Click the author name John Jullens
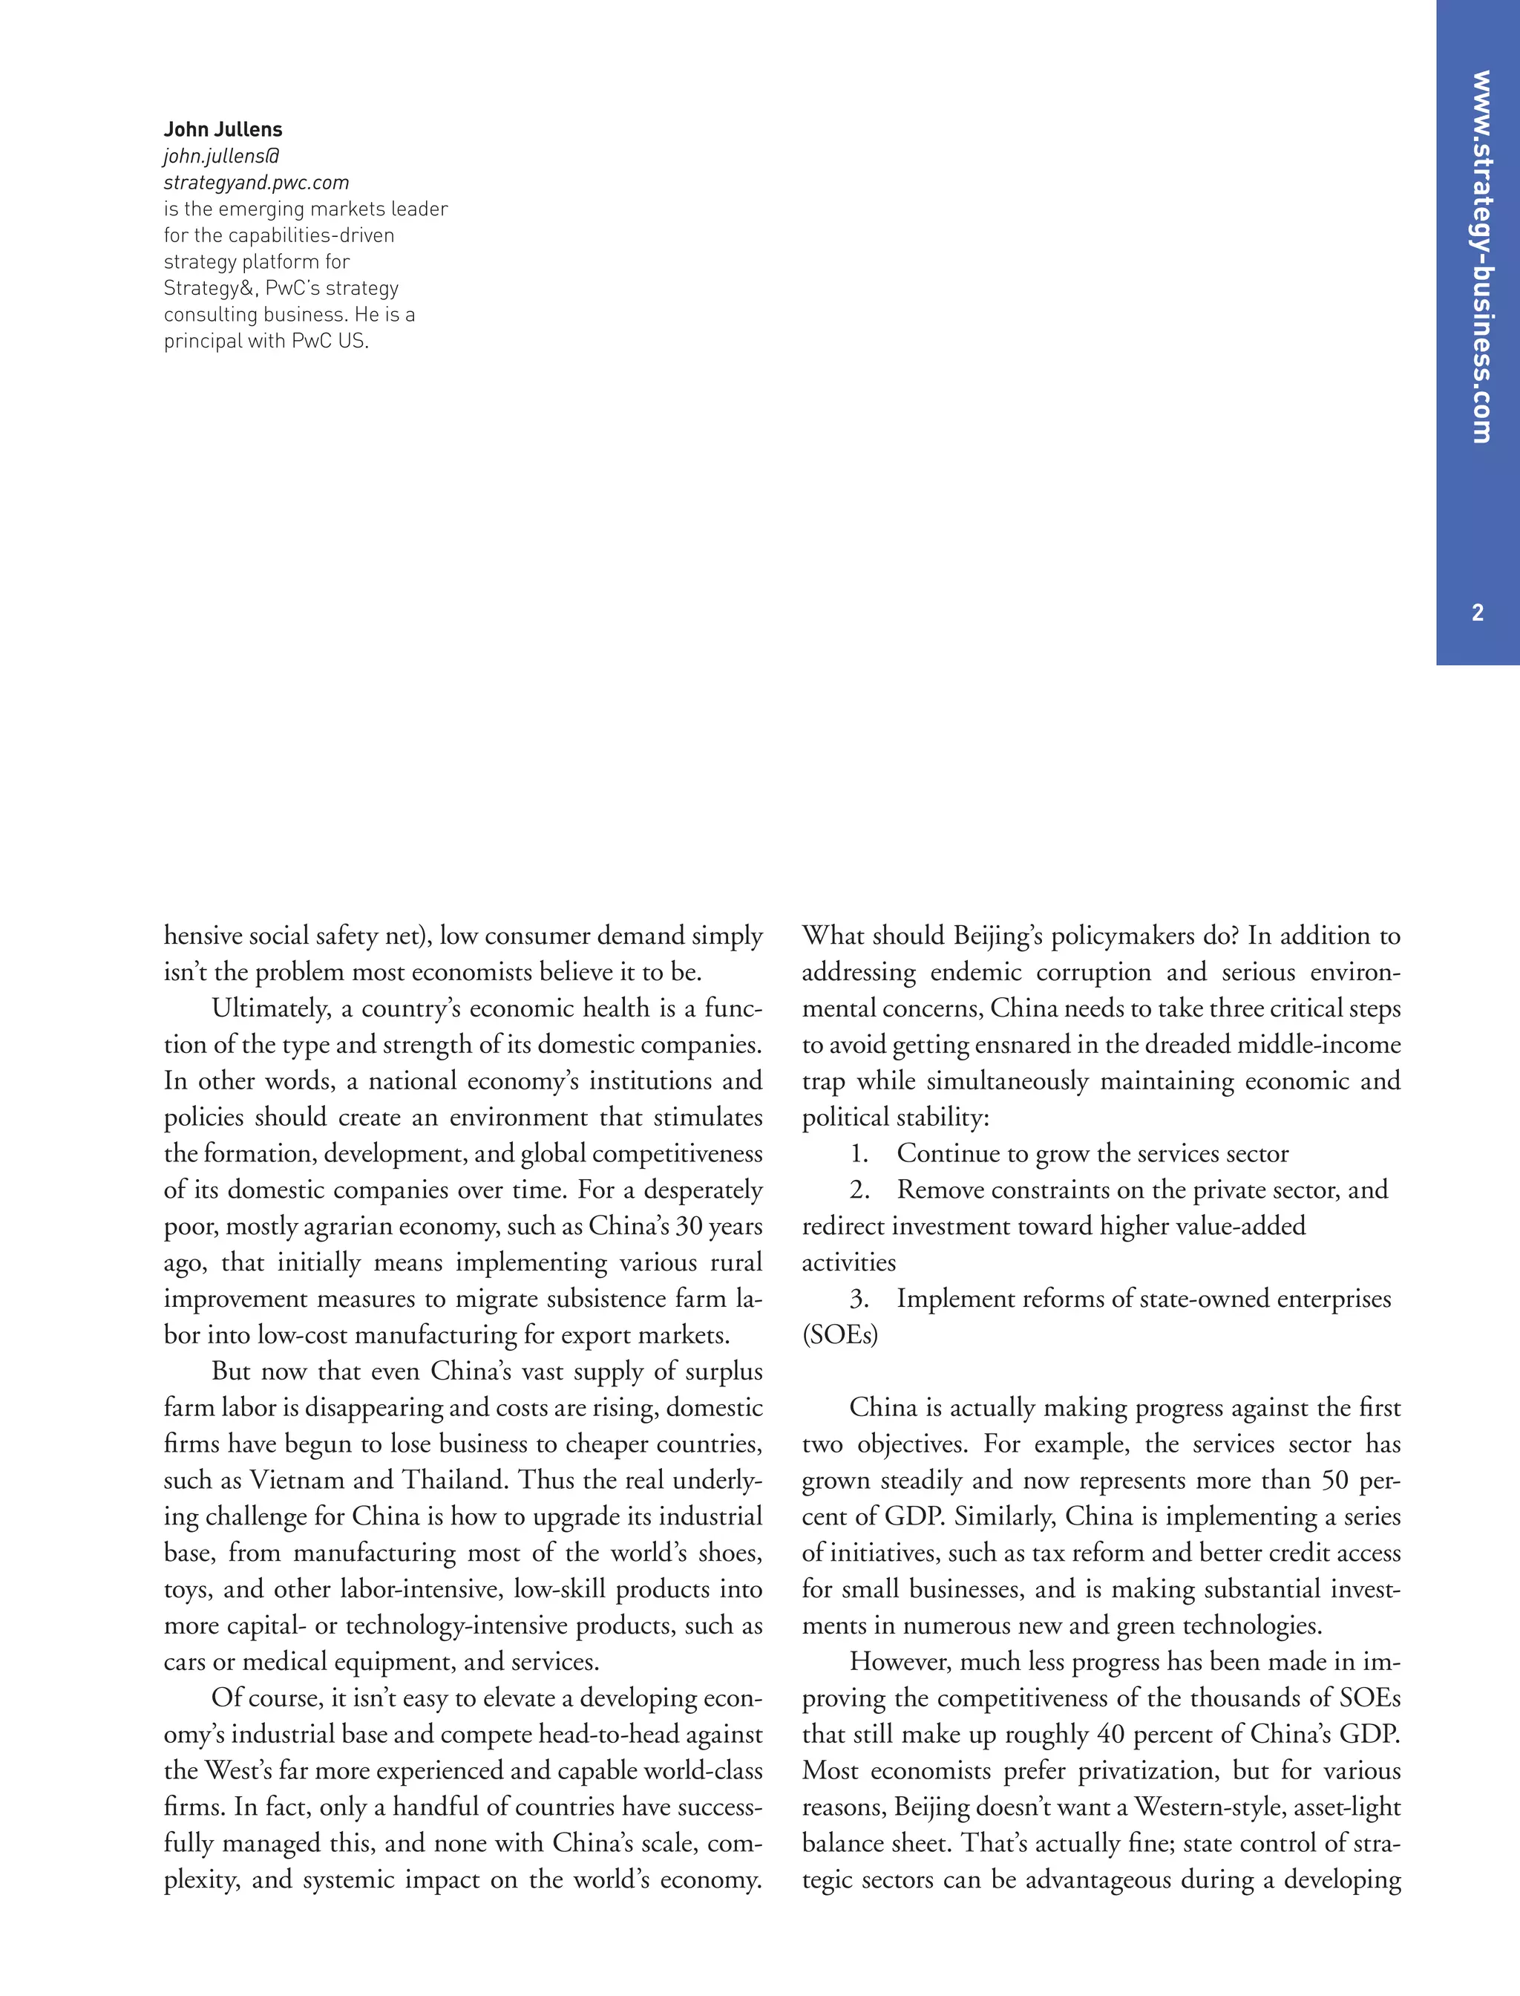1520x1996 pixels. [x=223, y=129]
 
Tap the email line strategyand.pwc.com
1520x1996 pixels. [x=256, y=183]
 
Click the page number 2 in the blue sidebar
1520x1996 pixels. [x=1478, y=613]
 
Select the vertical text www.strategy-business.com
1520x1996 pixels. [x=1479, y=257]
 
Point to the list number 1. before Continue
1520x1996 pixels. [x=859, y=1154]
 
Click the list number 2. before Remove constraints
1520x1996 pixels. [x=859, y=1190]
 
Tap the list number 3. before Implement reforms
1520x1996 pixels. [x=859, y=1299]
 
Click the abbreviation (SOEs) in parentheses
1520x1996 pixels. [x=839, y=1335]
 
